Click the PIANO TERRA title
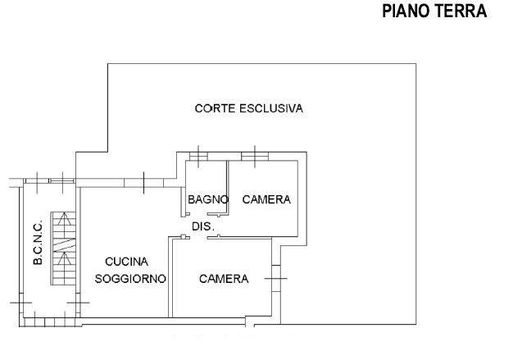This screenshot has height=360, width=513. click(434, 11)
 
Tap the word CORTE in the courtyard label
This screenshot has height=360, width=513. click(215, 108)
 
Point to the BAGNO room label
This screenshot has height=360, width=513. click(208, 199)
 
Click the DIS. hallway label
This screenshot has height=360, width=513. click(203, 226)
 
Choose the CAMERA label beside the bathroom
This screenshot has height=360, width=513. click(266, 199)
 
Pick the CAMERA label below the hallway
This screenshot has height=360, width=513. click(224, 279)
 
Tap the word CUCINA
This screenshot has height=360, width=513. click(127, 262)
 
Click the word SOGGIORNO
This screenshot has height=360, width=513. click(130, 279)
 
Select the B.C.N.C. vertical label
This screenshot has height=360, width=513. click(38, 242)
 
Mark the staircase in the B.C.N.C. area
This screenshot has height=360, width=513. click(63, 248)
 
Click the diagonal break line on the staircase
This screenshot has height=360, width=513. click(65, 245)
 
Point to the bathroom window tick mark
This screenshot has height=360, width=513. click(198, 157)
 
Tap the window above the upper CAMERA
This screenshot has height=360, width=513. click(255, 157)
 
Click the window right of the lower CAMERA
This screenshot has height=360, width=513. click(276, 279)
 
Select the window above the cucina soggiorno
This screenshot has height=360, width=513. click(143, 183)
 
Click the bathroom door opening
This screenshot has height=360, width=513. click(198, 214)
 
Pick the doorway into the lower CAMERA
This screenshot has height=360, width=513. click(198, 237)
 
